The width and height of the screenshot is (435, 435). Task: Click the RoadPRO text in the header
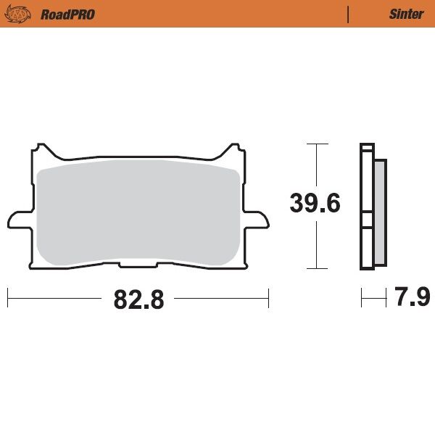tap(68, 14)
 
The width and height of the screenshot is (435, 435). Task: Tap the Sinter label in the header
tap(406, 14)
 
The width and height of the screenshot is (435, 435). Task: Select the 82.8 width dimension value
tap(138, 298)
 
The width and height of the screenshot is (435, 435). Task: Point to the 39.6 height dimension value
tap(315, 203)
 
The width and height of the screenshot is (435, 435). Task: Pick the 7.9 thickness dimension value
tap(413, 297)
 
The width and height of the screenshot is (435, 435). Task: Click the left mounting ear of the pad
tap(18, 218)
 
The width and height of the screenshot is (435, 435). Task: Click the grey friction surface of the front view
tap(138, 210)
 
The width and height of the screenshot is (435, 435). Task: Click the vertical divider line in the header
tap(349, 14)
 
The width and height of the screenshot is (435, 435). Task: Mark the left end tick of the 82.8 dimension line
tap(7, 297)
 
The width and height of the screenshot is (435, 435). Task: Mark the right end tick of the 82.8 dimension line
tap(268, 297)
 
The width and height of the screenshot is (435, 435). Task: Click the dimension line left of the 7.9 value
tap(373, 297)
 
